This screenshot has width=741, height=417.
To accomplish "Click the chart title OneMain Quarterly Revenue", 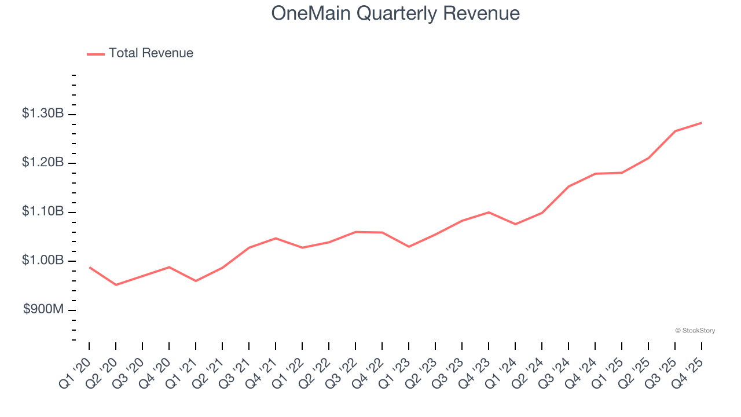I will pos(395,13).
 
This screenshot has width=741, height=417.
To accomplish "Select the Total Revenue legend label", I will pos(151,53).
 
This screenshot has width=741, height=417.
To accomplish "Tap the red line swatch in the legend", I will pos(96,54).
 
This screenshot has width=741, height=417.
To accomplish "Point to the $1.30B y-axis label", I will pos(43,114).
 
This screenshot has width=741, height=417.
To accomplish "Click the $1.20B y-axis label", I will pos(43,163).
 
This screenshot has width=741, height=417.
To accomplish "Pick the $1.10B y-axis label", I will pos(43,212).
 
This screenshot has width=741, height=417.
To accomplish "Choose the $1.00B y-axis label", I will pos(43,261).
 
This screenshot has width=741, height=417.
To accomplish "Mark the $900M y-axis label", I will pos(43,310).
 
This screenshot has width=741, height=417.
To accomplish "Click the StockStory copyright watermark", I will pos(695,331).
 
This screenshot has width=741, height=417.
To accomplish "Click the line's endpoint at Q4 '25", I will pos(702,123).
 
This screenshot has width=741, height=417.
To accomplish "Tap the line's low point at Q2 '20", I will pos(116,285).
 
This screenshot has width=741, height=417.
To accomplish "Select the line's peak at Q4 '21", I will pos(276,238).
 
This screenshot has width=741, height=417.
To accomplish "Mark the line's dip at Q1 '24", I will pos(515,224).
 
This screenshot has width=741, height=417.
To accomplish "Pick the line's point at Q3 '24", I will pos(568,186).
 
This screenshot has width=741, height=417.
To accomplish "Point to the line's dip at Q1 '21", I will pos(196,281).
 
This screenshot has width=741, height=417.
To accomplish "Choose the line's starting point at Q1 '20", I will pos(89,267).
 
